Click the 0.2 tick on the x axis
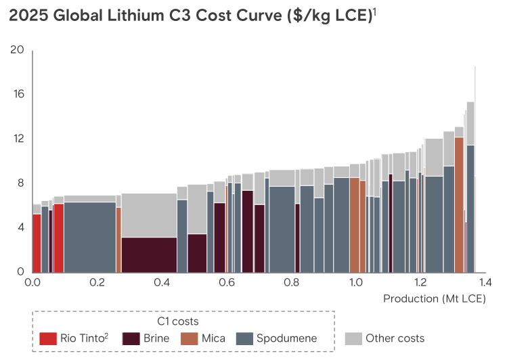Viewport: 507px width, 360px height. (97, 282)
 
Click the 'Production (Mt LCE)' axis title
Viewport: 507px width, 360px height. (435, 298)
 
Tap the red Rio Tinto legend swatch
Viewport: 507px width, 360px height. (48, 338)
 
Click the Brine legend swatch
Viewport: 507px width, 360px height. (131, 338)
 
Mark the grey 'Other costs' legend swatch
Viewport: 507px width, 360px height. (353, 338)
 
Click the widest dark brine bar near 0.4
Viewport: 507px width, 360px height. (149, 254)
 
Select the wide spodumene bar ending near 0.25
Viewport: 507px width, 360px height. (89, 237)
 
